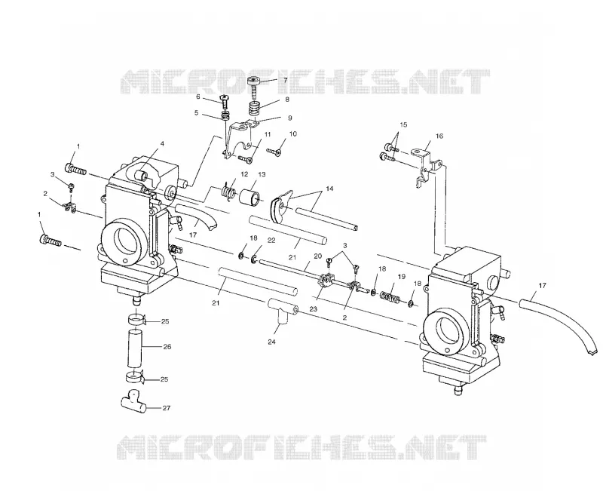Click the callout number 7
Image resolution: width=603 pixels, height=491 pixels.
click(x=286, y=81)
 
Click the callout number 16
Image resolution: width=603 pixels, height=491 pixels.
click(x=439, y=136)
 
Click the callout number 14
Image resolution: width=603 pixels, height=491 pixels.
click(x=329, y=189)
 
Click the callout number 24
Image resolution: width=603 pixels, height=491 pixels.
click(x=272, y=342)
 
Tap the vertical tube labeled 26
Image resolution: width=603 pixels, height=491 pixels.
click(x=135, y=348)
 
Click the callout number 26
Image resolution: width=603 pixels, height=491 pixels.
click(x=167, y=347)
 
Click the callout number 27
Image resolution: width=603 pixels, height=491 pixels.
click(x=166, y=408)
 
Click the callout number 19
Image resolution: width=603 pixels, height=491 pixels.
click(x=402, y=276)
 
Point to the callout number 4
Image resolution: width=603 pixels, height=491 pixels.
click(x=162, y=143)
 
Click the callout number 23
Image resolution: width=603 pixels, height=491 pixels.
click(x=314, y=308)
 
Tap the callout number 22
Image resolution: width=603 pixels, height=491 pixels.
click(x=271, y=241)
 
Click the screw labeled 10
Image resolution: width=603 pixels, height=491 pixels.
click(x=274, y=152)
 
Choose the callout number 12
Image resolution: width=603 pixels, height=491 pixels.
click(x=244, y=174)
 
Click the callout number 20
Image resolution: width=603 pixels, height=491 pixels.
click(x=317, y=256)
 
